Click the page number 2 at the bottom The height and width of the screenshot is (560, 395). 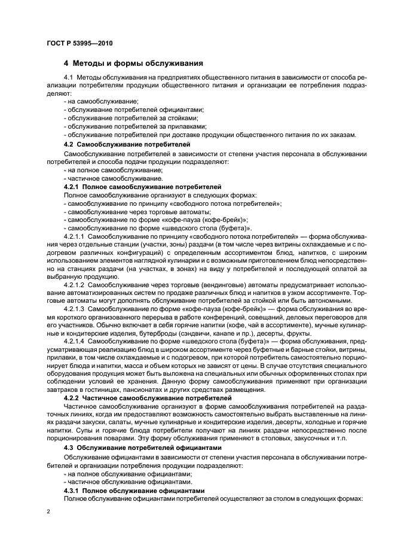pyautogui.click(x=48, y=512)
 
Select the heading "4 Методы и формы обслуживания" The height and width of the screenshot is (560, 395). pyautogui.click(x=133, y=63)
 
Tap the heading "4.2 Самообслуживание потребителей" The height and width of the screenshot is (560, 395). pyautogui.click(x=127, y=145)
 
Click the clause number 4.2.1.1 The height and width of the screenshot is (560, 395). pyautogui.click(x=75, y=238)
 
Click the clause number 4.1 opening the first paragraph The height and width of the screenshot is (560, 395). pyautogui.click(x=68, y=77)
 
